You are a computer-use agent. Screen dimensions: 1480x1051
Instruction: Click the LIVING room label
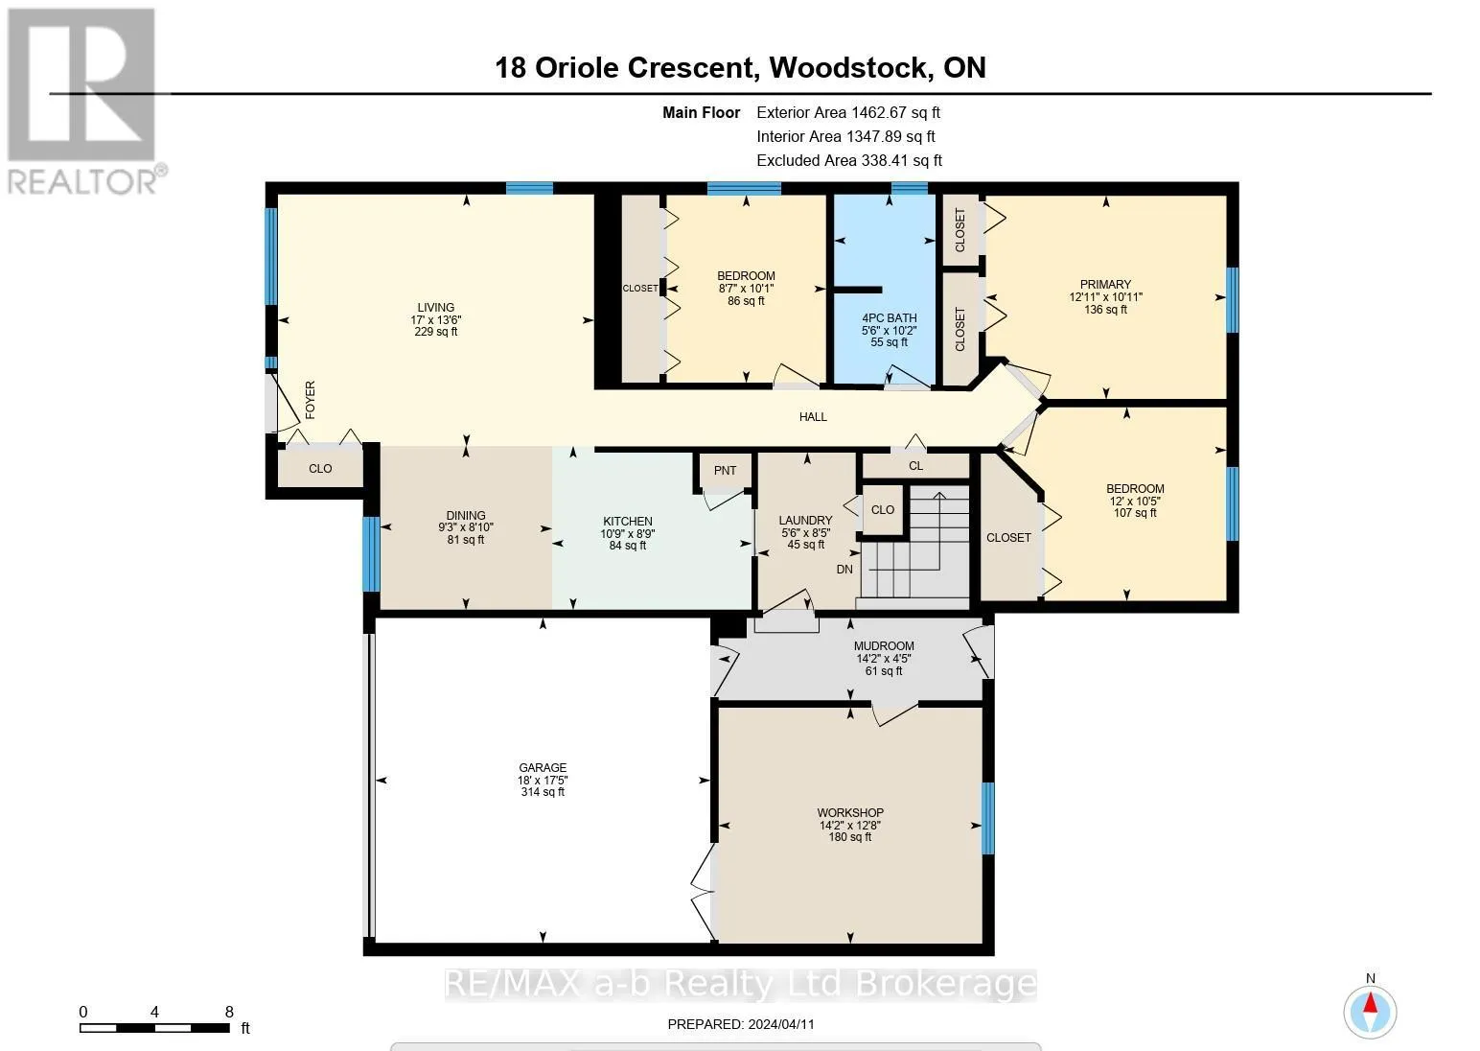click(435, 308)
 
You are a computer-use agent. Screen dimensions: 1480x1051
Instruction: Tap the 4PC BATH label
click(890, 318)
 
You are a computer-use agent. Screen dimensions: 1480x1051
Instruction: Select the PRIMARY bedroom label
click(1105, 285)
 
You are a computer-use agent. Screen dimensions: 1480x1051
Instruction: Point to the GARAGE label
click(543, 767)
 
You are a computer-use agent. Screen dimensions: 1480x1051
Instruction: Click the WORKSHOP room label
click(850, 812)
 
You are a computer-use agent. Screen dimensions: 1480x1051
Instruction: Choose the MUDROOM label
click(884, 645)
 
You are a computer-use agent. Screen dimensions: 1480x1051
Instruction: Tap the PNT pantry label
click(725, 470)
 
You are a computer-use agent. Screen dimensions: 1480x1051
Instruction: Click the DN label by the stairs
click(844, 569)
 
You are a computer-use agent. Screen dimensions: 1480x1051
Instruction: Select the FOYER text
click(310, 400)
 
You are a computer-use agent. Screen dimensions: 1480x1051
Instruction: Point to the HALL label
click(813, 416)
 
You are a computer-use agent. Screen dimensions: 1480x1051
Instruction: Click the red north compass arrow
click(1371, 1003)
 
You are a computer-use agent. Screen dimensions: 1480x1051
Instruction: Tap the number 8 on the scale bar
click(229, 1012)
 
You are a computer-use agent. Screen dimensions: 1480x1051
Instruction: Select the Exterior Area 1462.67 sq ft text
click(848, 112)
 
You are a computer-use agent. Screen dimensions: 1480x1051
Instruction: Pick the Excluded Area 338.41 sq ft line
click(849, 160)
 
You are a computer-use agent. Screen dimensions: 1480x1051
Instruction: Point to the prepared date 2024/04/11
click(781, 1024)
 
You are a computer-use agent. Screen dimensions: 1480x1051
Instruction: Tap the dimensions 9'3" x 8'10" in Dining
click(466, 527)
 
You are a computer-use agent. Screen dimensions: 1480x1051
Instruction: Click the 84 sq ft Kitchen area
click(628, 546)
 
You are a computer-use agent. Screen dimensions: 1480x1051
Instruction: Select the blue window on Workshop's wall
click(987, 818)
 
